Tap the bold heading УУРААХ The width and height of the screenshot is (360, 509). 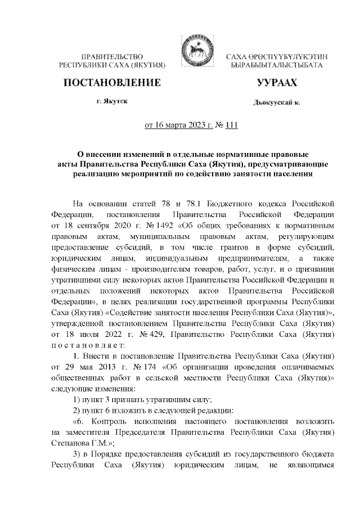(276, 83)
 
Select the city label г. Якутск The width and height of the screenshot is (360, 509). (111, 101)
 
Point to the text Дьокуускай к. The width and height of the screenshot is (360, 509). (276, 103)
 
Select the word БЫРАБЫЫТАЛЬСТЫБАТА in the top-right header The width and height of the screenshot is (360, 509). (276, 66)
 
